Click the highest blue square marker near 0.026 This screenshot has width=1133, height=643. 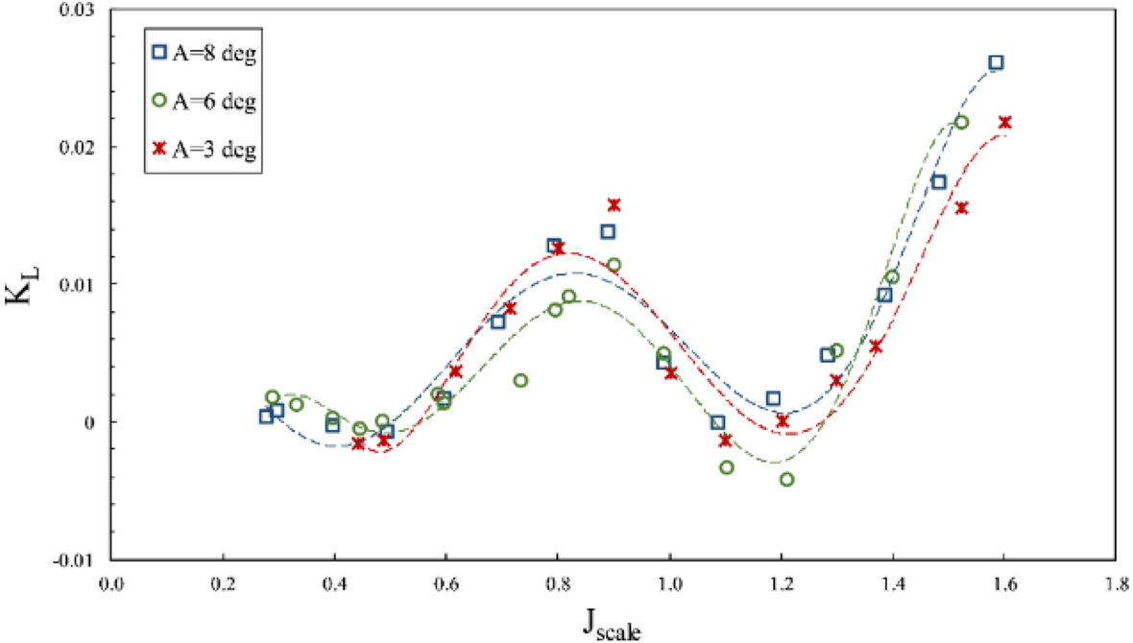pyautogui.click(x=996, y=62)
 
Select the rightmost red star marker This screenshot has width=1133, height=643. pyautogui.click(x=1005, y=122)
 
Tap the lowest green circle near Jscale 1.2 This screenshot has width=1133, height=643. pyautogui.click(x=787, y=479)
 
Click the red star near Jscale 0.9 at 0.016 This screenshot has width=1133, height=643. pyautogui.click(x=614, y=204)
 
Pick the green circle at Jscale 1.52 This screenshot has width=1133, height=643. pyautogui.click(x=961, y=122)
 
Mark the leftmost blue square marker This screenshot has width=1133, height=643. pyautogui.click(x=266, y=416)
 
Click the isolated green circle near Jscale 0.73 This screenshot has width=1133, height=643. pyautogui.click(x=520, y=380)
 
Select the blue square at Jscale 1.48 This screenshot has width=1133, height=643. pyautogui.click(x=939, y=182)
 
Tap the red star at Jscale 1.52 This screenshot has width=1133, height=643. pyautogui.click(x=962, y=207)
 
